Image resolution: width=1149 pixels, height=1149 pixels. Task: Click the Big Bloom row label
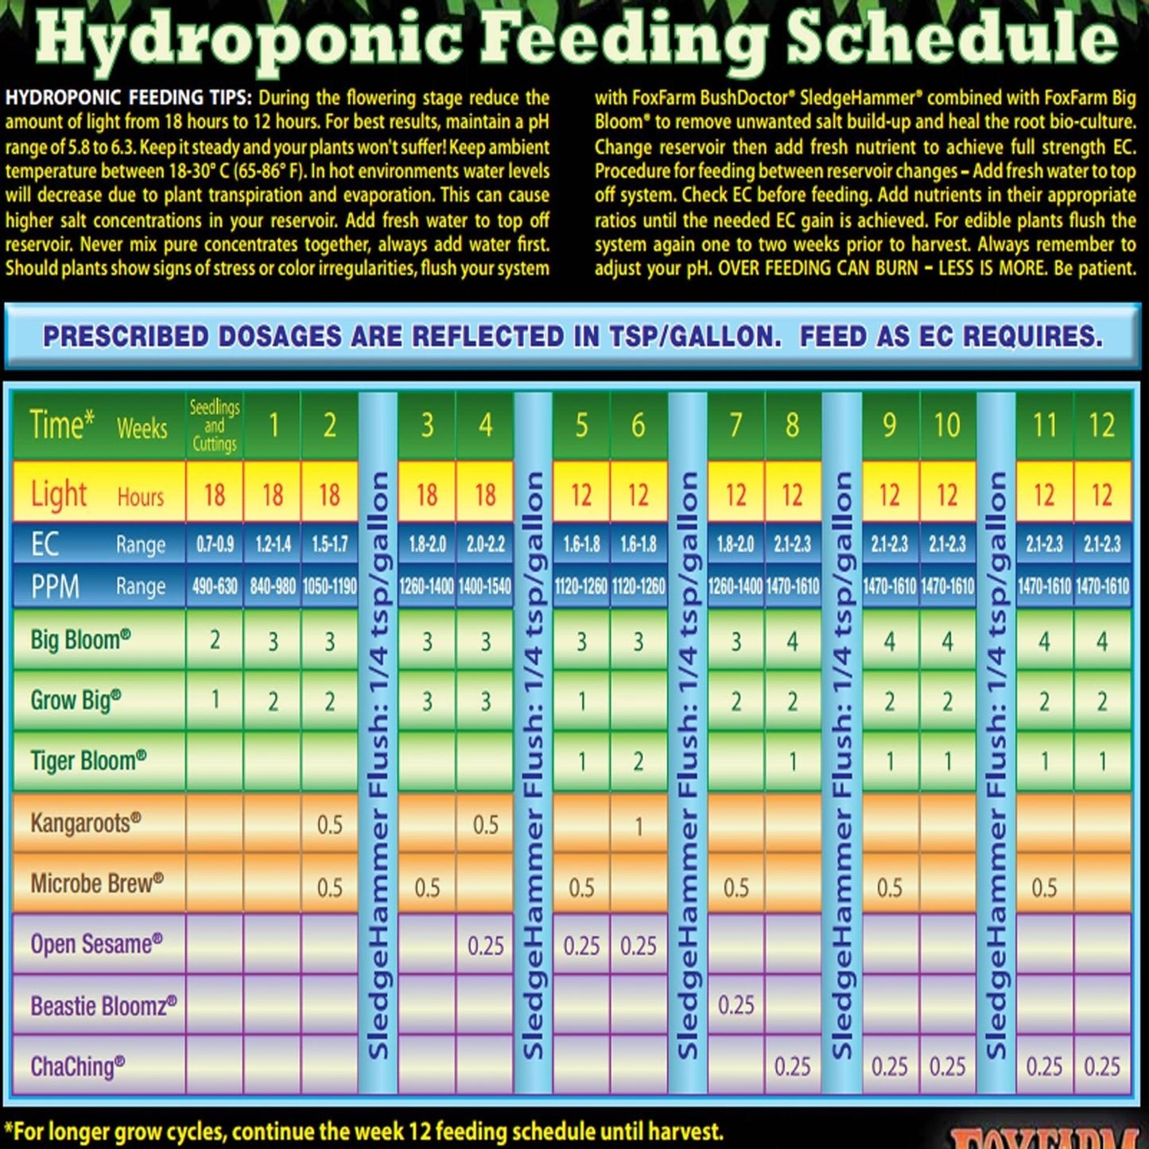click(80, 639)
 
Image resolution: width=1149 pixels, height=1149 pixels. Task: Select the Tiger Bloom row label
click(88, 761)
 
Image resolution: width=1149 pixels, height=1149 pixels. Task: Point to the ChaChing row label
click(78, 1066)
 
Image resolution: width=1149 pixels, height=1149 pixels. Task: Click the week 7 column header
click(736, 425)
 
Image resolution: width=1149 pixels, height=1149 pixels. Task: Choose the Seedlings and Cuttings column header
click(215, 425)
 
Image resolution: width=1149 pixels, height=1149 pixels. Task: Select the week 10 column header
click(946, 425)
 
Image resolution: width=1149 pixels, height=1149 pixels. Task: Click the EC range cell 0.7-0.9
click(215, 545)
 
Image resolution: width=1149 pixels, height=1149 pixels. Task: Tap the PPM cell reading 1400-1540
click(485, 587)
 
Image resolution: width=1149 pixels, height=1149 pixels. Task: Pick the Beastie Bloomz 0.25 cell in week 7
click(736, 1005)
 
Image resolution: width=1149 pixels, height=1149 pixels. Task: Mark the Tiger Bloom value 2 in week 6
click(639, 762)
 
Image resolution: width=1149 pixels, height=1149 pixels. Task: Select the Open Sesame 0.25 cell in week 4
click(485, 945)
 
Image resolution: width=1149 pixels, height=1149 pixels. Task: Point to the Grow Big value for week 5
click(582, 701)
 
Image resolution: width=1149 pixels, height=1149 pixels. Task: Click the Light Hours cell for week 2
click(329, 495)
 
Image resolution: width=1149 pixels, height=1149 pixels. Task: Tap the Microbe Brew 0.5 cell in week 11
click(1044, 887)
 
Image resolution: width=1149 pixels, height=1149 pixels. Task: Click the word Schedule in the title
click(952, 38)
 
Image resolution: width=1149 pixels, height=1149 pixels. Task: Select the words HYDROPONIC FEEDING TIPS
click(128, 98)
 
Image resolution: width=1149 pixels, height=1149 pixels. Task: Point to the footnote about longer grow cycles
click(364, 1132)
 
